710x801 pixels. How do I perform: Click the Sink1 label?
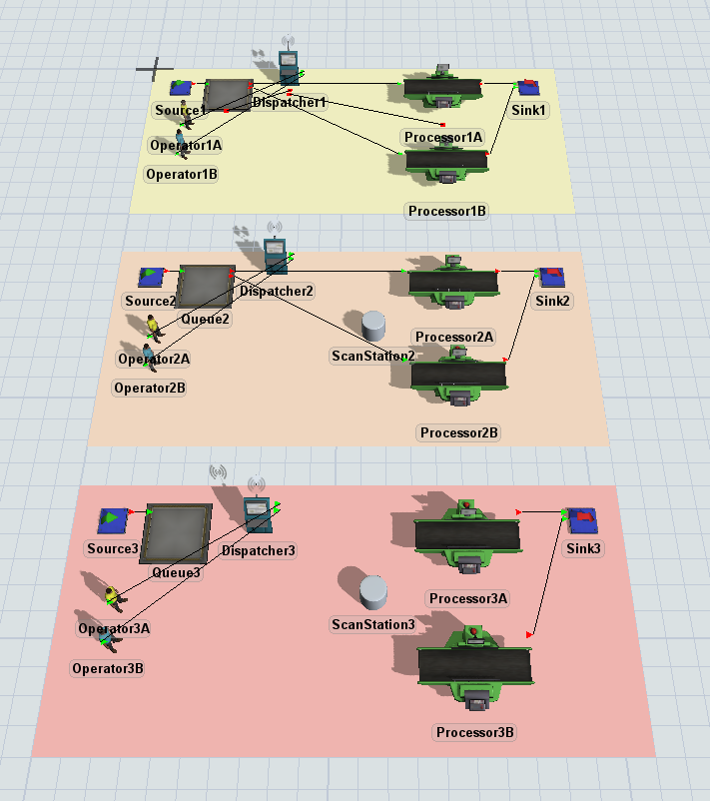click(529, 110)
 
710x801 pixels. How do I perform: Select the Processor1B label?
click(447, 211)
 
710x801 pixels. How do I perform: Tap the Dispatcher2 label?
click(277, 292)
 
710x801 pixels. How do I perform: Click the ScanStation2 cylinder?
click(373, 326)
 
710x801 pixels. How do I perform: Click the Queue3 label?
click(177, 573)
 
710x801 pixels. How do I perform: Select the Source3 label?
click(113, 548)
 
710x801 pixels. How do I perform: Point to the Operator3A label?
click(114, 628)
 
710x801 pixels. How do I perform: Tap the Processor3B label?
click(474, 732)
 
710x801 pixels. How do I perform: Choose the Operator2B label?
click(150, 388)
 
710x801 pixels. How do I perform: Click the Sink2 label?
click(553, 301)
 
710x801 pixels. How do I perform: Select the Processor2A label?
click(454, 337)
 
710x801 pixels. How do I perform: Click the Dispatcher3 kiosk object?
click(258, 516)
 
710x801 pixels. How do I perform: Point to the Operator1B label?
click(182, 174)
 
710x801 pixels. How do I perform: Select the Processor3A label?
click(468, 598)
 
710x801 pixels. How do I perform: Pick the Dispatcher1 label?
click(290, 102)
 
